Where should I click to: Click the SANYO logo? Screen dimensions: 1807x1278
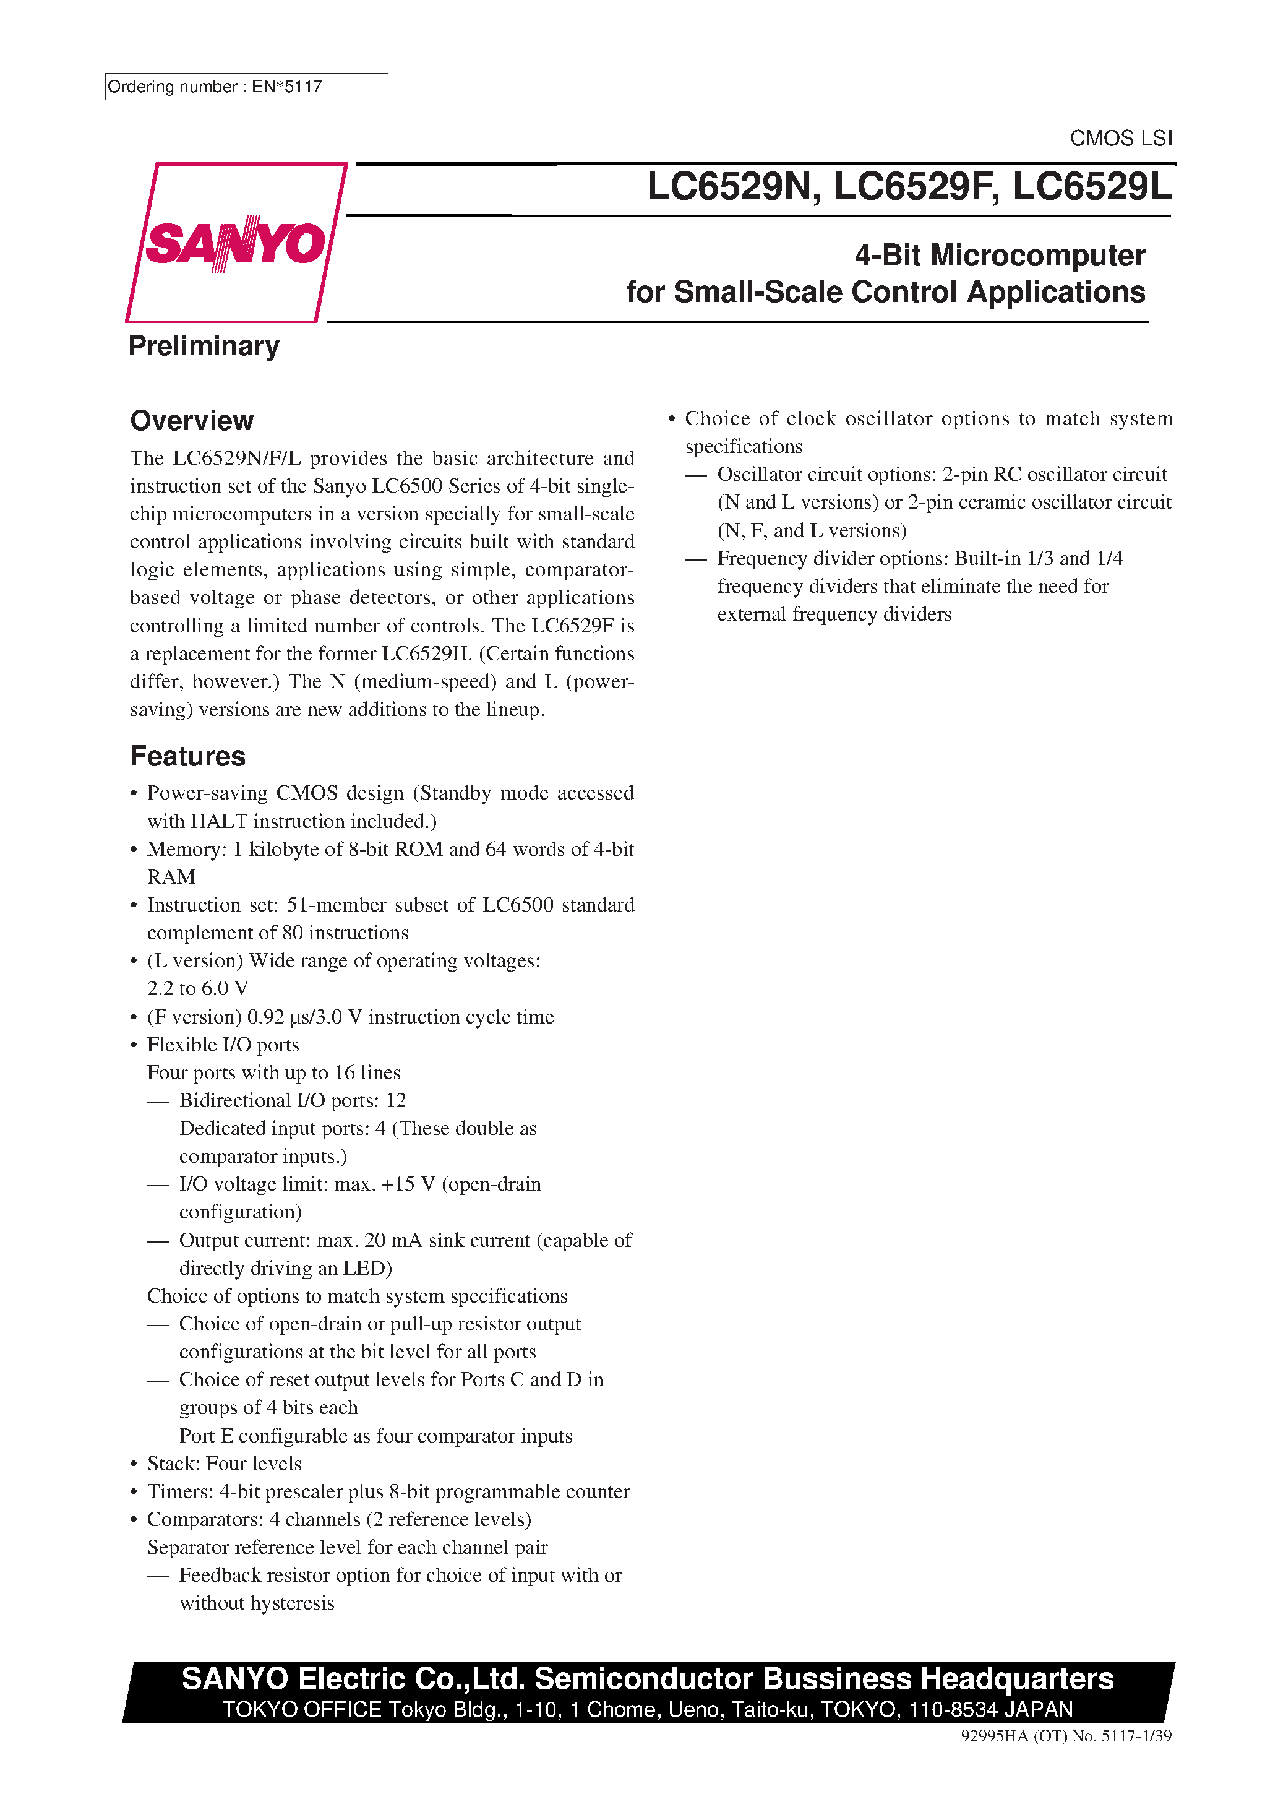235,243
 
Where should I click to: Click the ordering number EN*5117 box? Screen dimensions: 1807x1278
246,87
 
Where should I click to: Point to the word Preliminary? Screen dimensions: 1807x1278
204,347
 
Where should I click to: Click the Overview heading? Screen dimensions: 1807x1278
191,421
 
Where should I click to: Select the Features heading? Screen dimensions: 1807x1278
187,756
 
